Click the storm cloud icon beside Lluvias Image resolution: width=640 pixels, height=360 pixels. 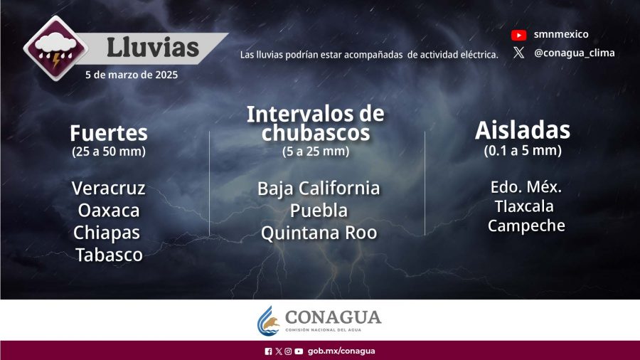[x=56, y=48]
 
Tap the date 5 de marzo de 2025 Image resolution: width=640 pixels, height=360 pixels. [x=132, y=75]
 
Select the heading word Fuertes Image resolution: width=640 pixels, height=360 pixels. [x=109, y=132]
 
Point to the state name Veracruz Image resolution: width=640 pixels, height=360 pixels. [x=109, y=188]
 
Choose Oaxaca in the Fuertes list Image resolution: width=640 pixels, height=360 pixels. [x=109, y=211]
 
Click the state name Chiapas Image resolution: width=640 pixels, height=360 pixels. [x=107, y=233]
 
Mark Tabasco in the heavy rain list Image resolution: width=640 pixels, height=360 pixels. [x=109, y=255]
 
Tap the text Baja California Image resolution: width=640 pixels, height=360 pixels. [x=319, y=188]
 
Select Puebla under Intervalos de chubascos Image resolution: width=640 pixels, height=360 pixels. [x=319, y=211]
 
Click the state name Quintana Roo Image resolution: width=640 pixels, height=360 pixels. [x=319, y=233]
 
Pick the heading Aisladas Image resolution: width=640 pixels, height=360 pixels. [x=523, y=130]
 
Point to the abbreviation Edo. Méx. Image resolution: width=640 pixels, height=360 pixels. [x=526, y=187]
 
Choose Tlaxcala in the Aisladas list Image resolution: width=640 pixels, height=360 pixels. [x=525, y=206]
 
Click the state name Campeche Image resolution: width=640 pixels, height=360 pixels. [x=526, y=226]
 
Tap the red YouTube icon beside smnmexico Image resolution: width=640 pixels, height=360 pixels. [x=519, y=35]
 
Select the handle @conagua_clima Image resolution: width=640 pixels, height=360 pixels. [x=575, y=53]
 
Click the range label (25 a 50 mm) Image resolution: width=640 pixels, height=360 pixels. [x=109, y=152]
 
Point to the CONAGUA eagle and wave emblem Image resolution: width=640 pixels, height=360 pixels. [x=268, y=321]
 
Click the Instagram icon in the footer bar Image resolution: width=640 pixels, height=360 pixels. [x=288, y=351]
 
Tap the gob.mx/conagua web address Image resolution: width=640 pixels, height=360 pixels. [x=341, y=351]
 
